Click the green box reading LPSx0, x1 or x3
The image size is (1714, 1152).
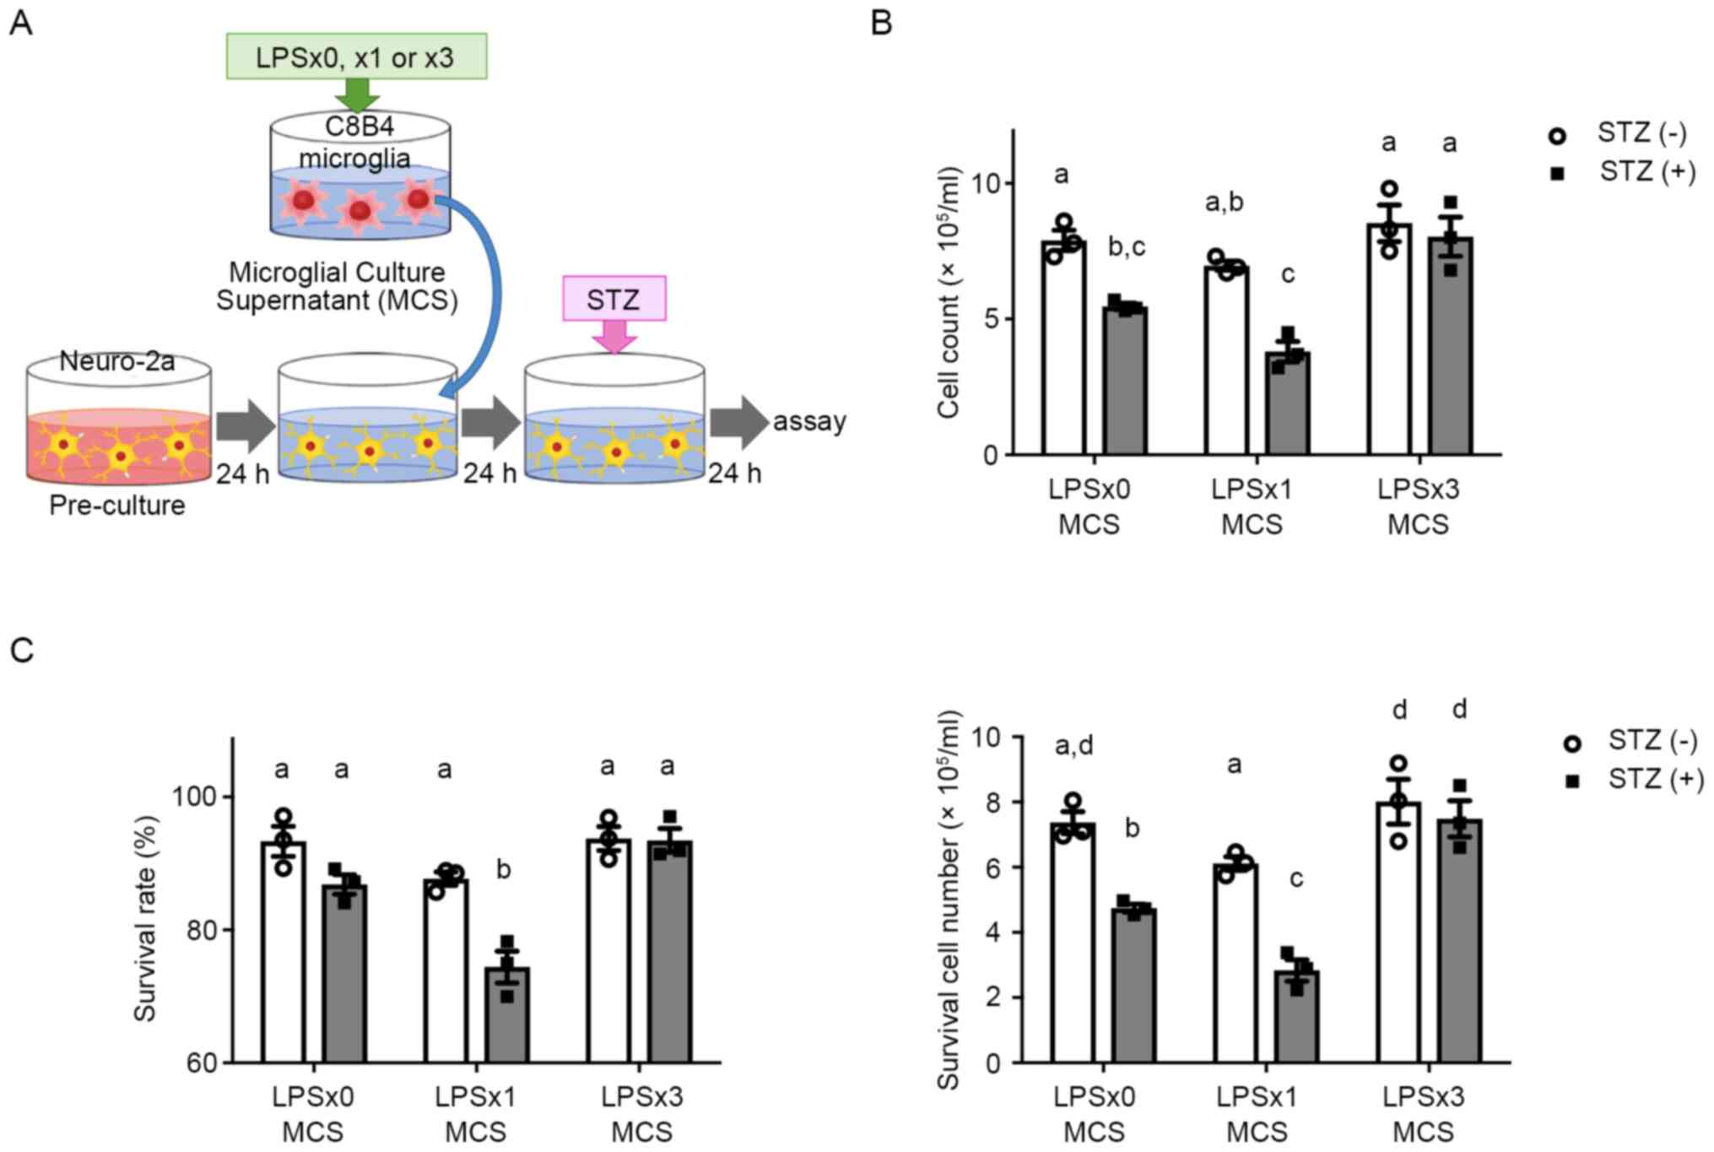[356, 57]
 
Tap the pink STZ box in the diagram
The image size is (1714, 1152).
[614, 299]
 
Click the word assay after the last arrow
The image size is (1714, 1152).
[809, 420]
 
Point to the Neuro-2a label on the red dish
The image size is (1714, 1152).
[117, 361]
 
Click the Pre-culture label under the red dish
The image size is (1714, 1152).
[117, 505]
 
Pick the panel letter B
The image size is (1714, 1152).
[881, 23]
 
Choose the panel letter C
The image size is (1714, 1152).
[21, 650]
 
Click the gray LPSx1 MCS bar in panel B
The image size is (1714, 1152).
[1287, 405]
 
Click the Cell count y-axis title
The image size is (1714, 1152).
[949, 292]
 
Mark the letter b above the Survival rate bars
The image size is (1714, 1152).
[504, 869]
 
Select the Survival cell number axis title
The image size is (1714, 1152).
[949, 900]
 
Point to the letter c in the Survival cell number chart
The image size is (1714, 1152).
[1296, 879]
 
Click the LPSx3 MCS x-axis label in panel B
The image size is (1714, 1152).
[1419, 506]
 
